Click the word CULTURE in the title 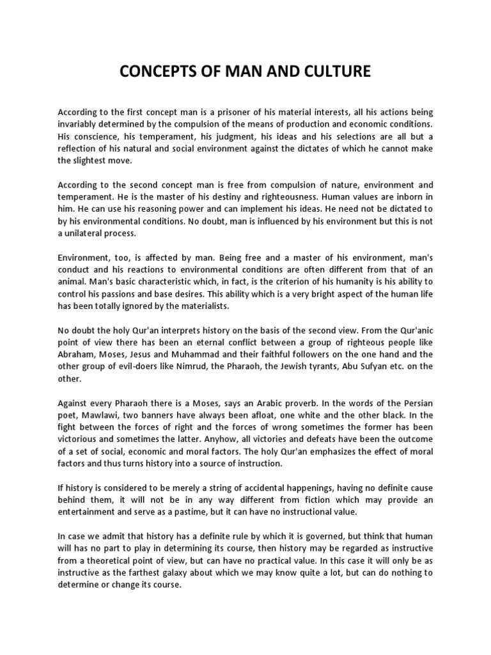(332, 72)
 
